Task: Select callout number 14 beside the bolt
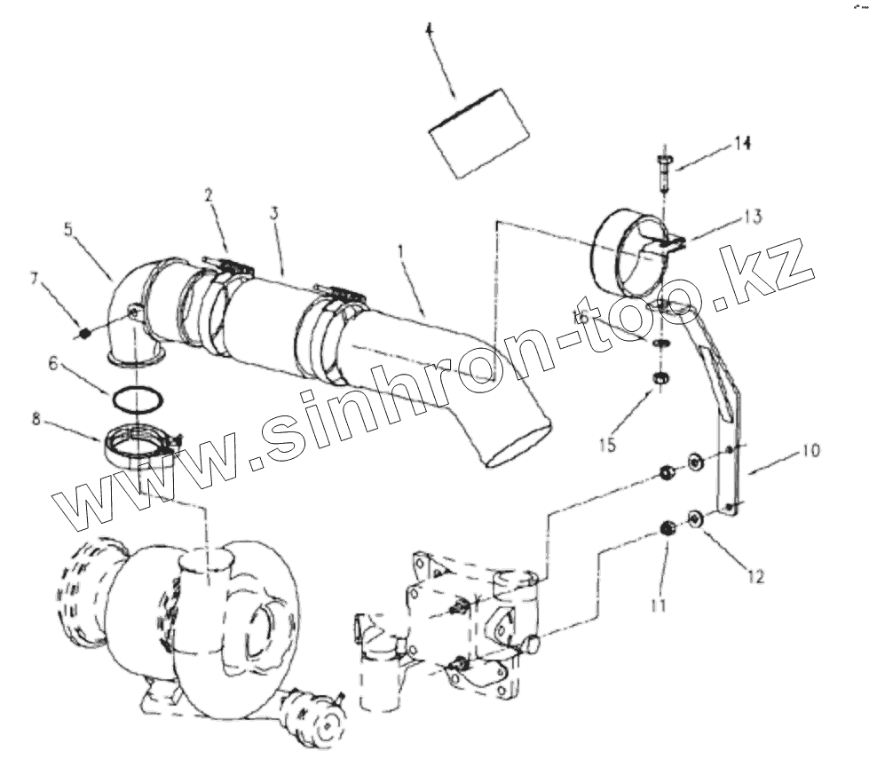pos(742,144)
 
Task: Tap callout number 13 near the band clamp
pos(753,217)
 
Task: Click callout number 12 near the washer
pos(755,577)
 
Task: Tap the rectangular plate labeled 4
pos(478,132)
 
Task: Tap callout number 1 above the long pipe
pos(402,253)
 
